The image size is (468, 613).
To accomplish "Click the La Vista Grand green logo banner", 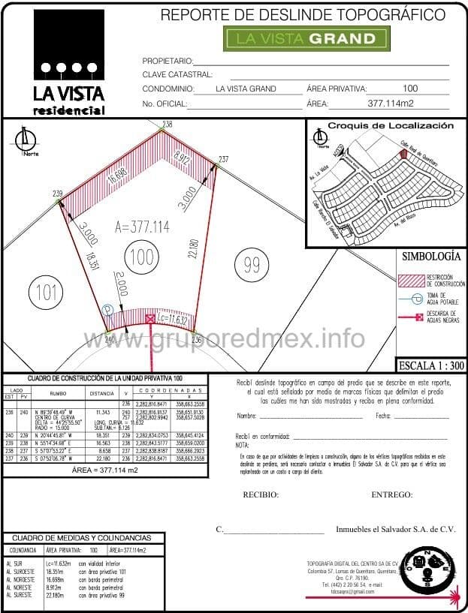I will click(306, 38).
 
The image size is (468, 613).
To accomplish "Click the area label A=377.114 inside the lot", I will click(142, 227).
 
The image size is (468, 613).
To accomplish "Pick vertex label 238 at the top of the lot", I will click(167, 124).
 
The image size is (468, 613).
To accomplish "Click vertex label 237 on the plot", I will click(223, 159).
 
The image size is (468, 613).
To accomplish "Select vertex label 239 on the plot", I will click(58, 194).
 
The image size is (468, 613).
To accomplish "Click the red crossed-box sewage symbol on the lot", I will click(150, 319).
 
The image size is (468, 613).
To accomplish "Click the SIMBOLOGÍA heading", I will click(430, 256).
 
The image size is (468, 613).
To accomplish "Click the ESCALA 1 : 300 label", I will click(431, 365).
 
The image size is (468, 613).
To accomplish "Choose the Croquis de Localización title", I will click(391, 126).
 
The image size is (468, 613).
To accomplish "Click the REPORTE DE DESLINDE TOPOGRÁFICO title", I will click(303, 14).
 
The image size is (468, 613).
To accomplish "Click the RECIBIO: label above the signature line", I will click(261, 495).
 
